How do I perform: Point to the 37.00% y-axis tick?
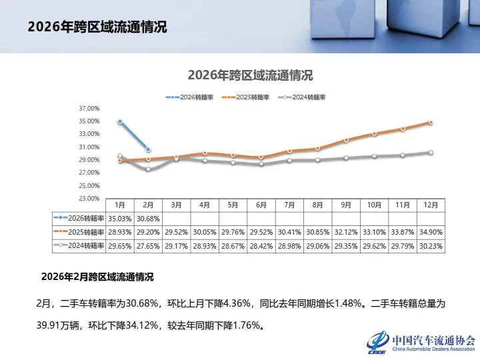(89, 109)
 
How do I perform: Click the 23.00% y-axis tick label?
(89, 199)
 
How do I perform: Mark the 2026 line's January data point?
(120, 122)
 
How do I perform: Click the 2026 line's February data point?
(148, 149)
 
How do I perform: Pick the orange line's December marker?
(431, 123)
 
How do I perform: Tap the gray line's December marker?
(431, 153)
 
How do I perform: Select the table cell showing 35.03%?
(120, 218)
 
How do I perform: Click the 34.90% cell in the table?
(431, 232)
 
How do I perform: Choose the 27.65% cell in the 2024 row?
(148, 246)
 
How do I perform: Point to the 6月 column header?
(261, 204)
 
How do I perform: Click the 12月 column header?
(431, 204)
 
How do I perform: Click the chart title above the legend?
(250, 75)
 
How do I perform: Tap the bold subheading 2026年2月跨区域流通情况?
(97, 276)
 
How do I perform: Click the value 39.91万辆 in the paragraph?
(61, 326)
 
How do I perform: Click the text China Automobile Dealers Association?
(433, 349)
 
